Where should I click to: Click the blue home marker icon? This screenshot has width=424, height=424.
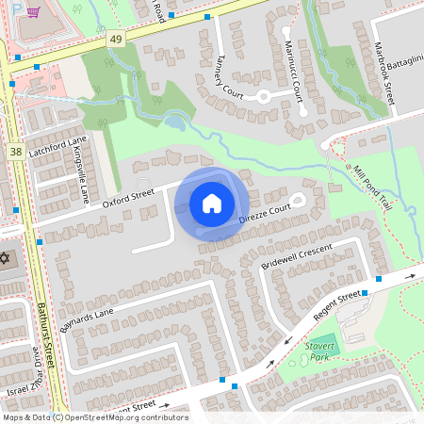click(212, 203)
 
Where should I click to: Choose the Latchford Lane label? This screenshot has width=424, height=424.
click(57, 150)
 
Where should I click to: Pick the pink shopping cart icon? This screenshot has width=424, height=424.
click(33, 12)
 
